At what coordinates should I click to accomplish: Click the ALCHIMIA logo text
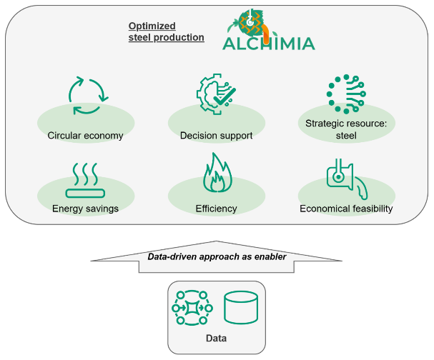pyautogui.click(x=267, y=43)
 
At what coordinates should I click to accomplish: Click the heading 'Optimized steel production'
pyautogui.click(x=166, y=31)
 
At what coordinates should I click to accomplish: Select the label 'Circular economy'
pyautogui.click(x=86, y=136)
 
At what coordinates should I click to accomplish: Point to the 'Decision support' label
pyautogui.click(x=216, y=136)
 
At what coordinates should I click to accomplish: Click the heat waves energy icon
pyautogui.click(x=86, y=179)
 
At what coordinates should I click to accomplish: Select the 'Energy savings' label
pyautogui.click(x=85, y=209)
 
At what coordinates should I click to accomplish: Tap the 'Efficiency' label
pyautogui.click(x=216, y=209)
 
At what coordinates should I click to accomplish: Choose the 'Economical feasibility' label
pyautogui.click(x=346, y=209)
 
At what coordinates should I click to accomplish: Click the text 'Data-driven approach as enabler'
pyautogui.click(x=217, y=256)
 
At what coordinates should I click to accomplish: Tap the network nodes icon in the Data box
pyautogui.click(x=190, y=308)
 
